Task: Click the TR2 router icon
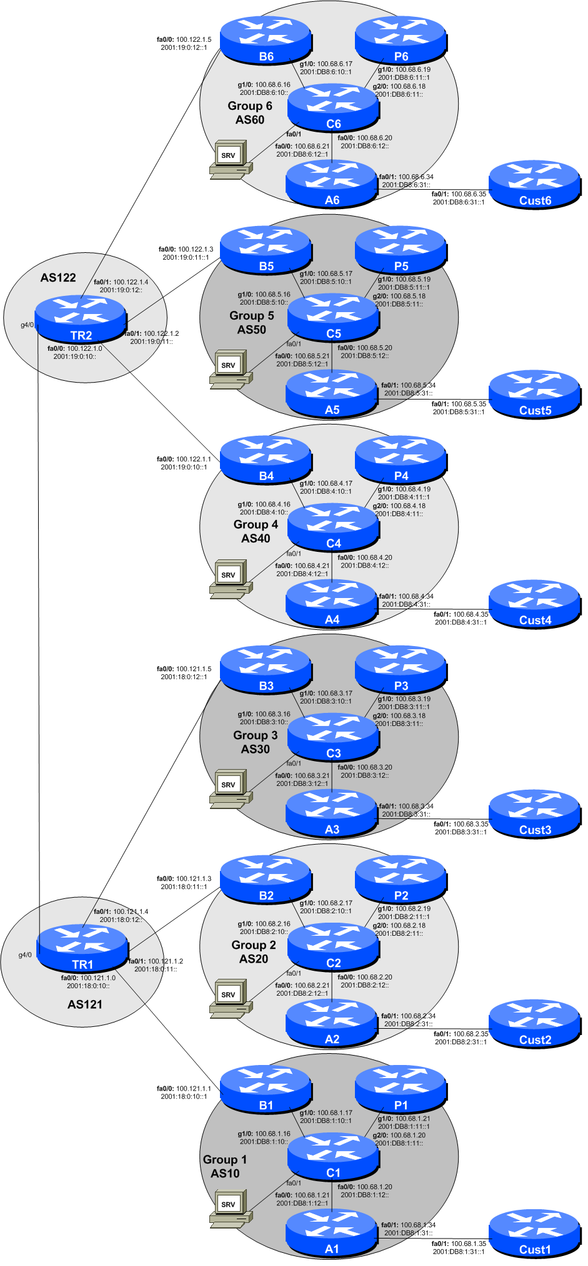coord(81,318)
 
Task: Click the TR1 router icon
coord(82,948)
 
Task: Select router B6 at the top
coord(266,40)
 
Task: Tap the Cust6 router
coord(535,184)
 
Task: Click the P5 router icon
coord(401,250)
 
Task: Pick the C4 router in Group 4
coord(333,527)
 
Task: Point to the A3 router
coord(332,813)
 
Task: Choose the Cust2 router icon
coord(535,1024)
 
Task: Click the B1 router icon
coord(266,1089)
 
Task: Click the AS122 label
coord(58,278)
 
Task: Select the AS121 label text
coord(85,1004)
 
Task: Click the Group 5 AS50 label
coord(251,322)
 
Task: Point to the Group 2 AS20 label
coord(254,952)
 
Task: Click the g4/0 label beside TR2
coord(27,325)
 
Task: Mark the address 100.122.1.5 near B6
coord(194,39)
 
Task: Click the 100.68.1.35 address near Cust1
coord(469,1244)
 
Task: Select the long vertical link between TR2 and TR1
coord(39,624)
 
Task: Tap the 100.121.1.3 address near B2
coord(194,878)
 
